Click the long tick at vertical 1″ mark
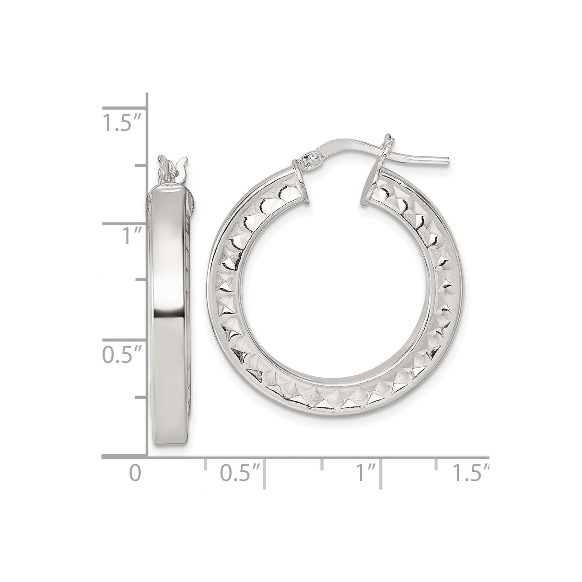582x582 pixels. [x=123, y=223]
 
